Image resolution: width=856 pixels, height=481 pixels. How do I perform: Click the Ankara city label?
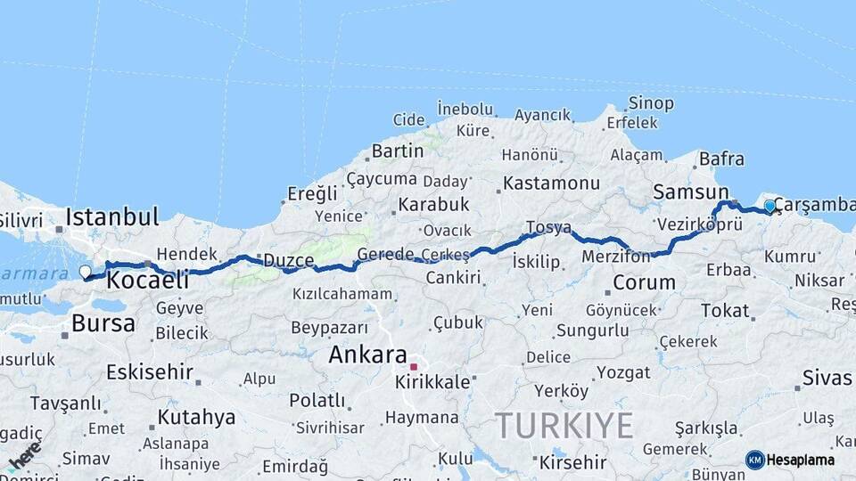[x=367, y=355]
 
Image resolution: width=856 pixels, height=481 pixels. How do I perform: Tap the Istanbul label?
[x=112, y=216]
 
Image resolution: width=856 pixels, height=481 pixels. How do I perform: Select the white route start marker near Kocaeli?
[x=86, y=272]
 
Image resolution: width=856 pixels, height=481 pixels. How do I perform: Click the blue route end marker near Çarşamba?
[x=770, y=207]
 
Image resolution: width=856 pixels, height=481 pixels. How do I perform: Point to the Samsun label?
[x=690, y=192]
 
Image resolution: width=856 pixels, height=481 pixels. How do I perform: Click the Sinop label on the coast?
[x=651, y=103]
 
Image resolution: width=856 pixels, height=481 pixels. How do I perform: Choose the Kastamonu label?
[x=551, y=183]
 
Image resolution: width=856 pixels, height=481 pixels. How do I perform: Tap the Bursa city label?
[x=103, y=322]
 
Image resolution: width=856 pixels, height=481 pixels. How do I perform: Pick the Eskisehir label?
[x=149, y=371]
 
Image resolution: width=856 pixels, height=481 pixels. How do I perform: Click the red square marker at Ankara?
[x=413, y=366]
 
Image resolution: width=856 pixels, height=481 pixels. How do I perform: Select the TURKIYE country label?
[x=564, y=425]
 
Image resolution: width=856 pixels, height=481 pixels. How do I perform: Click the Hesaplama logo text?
[x=801, y=460]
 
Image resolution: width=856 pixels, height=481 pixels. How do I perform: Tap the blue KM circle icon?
[x=754, y=460]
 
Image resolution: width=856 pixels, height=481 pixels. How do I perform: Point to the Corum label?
[x=644, y=283]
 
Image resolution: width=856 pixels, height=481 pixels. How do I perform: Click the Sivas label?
[x=827, y=378]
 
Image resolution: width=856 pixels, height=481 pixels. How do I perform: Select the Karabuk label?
[x=433, y=204]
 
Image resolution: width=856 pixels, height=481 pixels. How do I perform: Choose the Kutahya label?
[x=196, y=417]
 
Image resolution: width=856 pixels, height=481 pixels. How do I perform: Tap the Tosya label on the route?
[x=548, y=227]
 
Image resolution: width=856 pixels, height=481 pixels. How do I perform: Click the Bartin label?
[x=398, y=151]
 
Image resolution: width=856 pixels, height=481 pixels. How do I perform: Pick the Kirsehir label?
[x=572, y=462]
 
